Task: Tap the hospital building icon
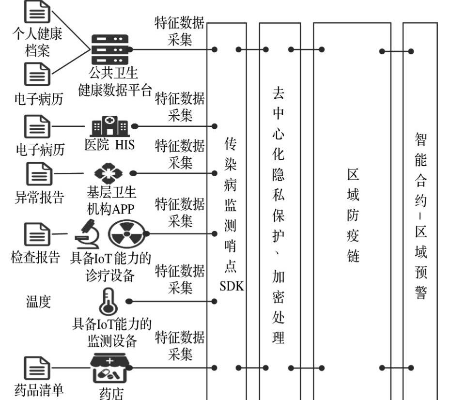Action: (x=110, y=126)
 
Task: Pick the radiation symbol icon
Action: (x=126, y=233)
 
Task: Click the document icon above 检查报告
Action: (x=37, y=234)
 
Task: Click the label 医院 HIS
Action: (x=109, y=145)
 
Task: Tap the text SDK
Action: (x=231, y=286)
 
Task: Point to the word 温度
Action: (x=38, y=303)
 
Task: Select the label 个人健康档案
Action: (x=37, y=42)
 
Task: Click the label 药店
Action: (x=111, y=394)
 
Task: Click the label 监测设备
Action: (x=112, y=340)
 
